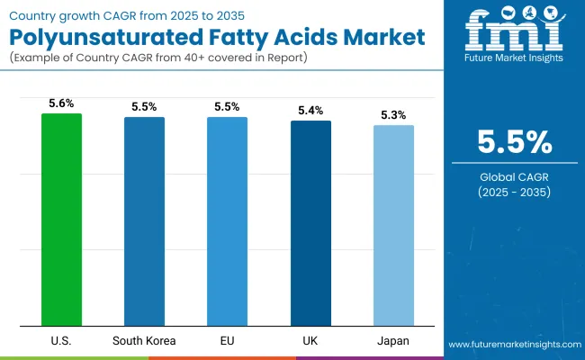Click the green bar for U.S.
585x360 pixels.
(x=61, y=220)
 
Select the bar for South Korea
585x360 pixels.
(x=144, y=221)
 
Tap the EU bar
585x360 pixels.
(x=227, y=221)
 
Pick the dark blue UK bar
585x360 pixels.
(x=310, y=223)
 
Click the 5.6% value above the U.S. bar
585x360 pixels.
(x=61, y=104)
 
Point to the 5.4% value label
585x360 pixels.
(x=310, y=112)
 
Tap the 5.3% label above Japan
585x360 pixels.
(x=393, y=116)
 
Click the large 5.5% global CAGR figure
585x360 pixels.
(x=514, y=143)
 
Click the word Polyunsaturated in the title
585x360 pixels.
(x=99, y=40)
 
